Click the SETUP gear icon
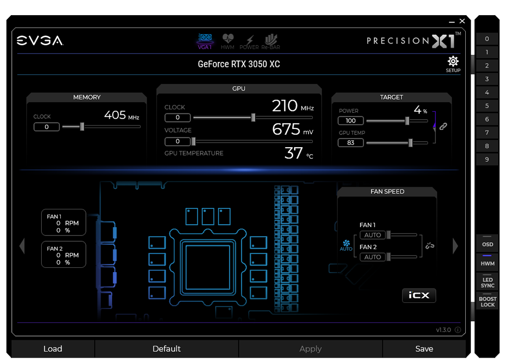click(x=453, y=61)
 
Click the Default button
click(x=167, y=349)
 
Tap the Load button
click(x=53, y=349)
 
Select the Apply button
click(x=310, y=349)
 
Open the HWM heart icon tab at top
click(x=228, y=39)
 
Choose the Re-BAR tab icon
click(x=271, y=39)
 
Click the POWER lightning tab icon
click(x=250, y=40)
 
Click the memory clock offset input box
click(x=47, y=127)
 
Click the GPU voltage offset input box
click(x=177, y=141)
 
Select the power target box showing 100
click(x=351, y=121)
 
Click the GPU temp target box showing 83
click(x=351, y=143)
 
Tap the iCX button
click(x=419, y=295)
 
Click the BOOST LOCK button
click(x=487, y=302)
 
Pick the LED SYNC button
click(x=487, y=282)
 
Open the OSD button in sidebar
click(x=487, y=244)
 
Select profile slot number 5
click(x=487, y=106)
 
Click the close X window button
click(x=462, y=21)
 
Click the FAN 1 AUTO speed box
click(x=373, y=235)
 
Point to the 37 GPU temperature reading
click(x=294, y=153)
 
